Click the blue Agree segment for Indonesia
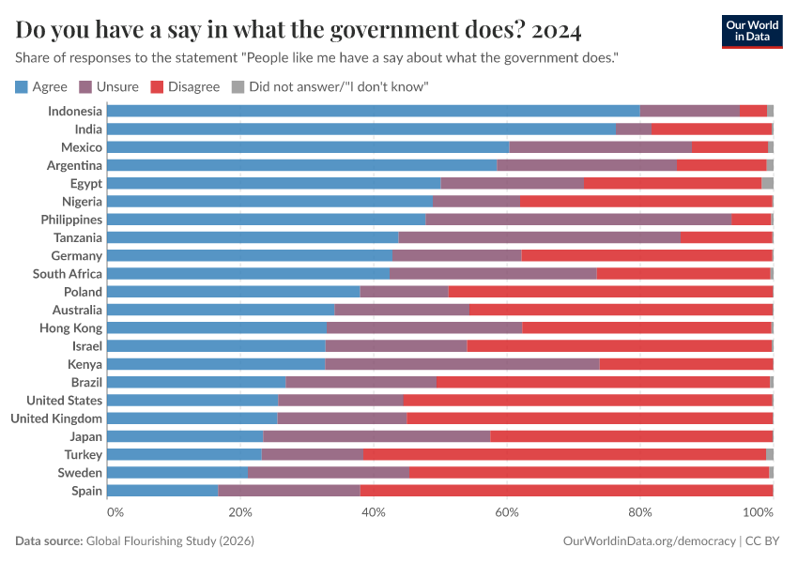coord(374,111)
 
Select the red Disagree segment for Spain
coord(566,491)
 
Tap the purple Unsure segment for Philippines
coord(578,220)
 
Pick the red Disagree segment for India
coord(711,129)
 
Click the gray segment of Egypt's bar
coord(767,183)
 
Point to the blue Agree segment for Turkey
coord(184,454)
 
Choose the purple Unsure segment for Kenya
coord(462,364)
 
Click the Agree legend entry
coord(41,87)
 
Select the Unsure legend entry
coord(110,87)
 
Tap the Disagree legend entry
coord(185,87)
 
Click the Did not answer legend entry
coord(330,87)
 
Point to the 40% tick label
coord(374,512)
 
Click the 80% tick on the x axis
coord(640,512)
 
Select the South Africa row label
coord(67,274)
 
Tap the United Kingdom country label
coord(55,418)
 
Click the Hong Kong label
coord(70,328)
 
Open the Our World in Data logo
coord(752,31)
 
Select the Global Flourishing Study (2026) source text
coord(170,541)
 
